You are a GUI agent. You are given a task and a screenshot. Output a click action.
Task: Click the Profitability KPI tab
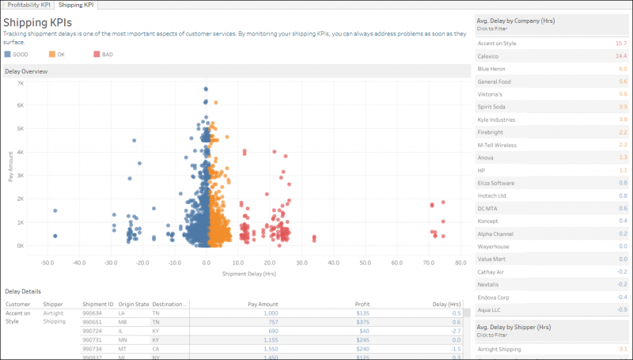click(x=29, y=5)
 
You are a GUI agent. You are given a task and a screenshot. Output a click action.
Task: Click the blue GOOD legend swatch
click(x=8, y=54)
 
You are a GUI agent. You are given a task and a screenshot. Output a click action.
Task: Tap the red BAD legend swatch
click(x=97, y=54)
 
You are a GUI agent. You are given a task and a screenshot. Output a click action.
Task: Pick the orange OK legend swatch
click(x=52, y=54)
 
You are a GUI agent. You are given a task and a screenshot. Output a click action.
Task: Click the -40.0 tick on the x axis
click(x=78, y=263)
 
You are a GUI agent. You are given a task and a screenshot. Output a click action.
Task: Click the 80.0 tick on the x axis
click(x=460, y=263)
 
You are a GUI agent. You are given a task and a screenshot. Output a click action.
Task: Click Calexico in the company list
click(x=488, y=56)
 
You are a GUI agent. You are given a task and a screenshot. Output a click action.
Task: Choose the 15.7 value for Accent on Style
click(x=621, y=43)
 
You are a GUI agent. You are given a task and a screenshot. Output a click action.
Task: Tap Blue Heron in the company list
click(x=491, y=69)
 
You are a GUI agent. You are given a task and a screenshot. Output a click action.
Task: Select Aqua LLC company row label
click(x=490, y=309)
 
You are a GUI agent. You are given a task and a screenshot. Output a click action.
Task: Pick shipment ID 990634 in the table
click(x=93, y=313)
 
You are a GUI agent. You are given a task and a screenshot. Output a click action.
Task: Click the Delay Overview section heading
click(x=26, y=71)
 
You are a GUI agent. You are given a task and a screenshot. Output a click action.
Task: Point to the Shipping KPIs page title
click(x=37, y=22)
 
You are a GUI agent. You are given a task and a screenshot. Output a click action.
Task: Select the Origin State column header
click(x=134, y=303)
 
